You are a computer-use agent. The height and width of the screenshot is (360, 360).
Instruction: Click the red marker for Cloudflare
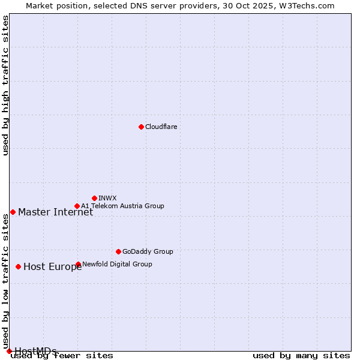coord(141,127)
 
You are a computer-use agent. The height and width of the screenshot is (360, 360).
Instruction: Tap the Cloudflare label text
coord(161,127)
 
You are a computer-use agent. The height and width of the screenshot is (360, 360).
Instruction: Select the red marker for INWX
coord(94,198)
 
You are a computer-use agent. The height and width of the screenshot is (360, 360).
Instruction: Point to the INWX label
coord(107,198)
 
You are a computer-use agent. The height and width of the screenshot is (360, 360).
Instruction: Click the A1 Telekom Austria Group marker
coord(77,206)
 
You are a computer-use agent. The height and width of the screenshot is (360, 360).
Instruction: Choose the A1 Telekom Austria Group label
coord(122,206)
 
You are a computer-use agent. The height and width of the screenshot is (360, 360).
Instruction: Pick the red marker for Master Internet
coord(13,212)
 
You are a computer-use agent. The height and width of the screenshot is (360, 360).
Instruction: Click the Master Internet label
coord(55,212)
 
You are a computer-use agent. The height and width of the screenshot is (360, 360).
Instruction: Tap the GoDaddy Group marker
coord(118,251)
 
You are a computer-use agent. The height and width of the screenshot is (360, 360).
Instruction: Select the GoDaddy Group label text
coord(148,251)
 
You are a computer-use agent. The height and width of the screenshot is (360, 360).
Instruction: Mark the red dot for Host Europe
coord(18,266)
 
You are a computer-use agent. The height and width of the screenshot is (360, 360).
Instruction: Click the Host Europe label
coord(52,267)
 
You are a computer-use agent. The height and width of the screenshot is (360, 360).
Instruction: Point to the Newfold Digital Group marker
coord(78,264)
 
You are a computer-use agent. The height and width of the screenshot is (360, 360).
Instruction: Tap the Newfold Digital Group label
coord(117,264)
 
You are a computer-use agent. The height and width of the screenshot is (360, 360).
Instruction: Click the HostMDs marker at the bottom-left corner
coord(9,351)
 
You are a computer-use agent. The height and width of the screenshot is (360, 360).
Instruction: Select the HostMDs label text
coord(35,351)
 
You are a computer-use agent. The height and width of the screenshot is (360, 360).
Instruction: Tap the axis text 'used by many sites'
coord(301,356)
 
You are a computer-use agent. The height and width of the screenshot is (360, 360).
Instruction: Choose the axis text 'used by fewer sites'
coord(62,356)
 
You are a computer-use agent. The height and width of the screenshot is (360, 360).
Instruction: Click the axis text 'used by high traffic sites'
coord(5,85)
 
